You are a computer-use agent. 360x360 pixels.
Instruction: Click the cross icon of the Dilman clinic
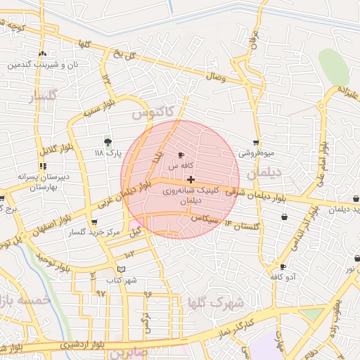(191, 180)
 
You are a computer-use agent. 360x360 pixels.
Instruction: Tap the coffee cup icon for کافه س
(181, 155)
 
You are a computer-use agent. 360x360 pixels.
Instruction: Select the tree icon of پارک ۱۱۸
(108, 142)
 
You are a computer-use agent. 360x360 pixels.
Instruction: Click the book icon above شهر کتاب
(121, 269)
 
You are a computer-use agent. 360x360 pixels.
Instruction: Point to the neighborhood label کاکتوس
(150, 113)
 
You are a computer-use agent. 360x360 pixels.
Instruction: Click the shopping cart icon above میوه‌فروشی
(255, 143)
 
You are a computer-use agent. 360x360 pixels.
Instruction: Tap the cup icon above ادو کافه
(283, 267)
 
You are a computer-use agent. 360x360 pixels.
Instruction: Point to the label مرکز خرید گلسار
(91, 232)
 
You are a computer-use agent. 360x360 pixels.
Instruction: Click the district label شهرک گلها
(225, 302)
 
